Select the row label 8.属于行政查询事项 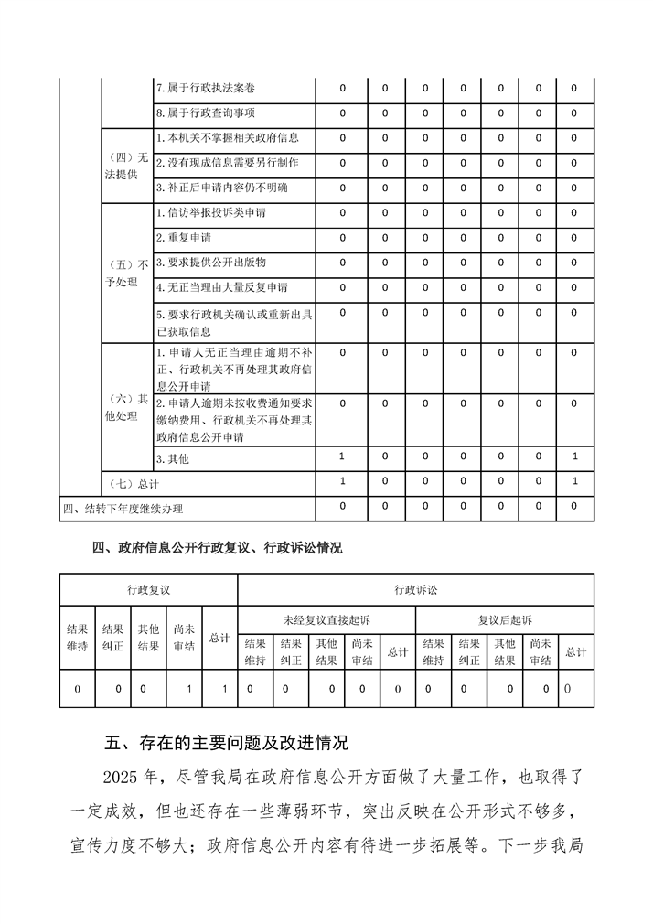tap(205, 113)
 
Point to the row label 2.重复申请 tap(184, 238)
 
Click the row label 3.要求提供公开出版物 tap(210, 263)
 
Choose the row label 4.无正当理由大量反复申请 tap(221, 287)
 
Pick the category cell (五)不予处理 tap(126, 273)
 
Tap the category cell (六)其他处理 tap(126, 407)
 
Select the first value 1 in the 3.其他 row tap(342, 456)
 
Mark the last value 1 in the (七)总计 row tap(573, 481)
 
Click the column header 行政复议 tap(149, 589)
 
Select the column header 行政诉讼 tap(415, 589)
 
